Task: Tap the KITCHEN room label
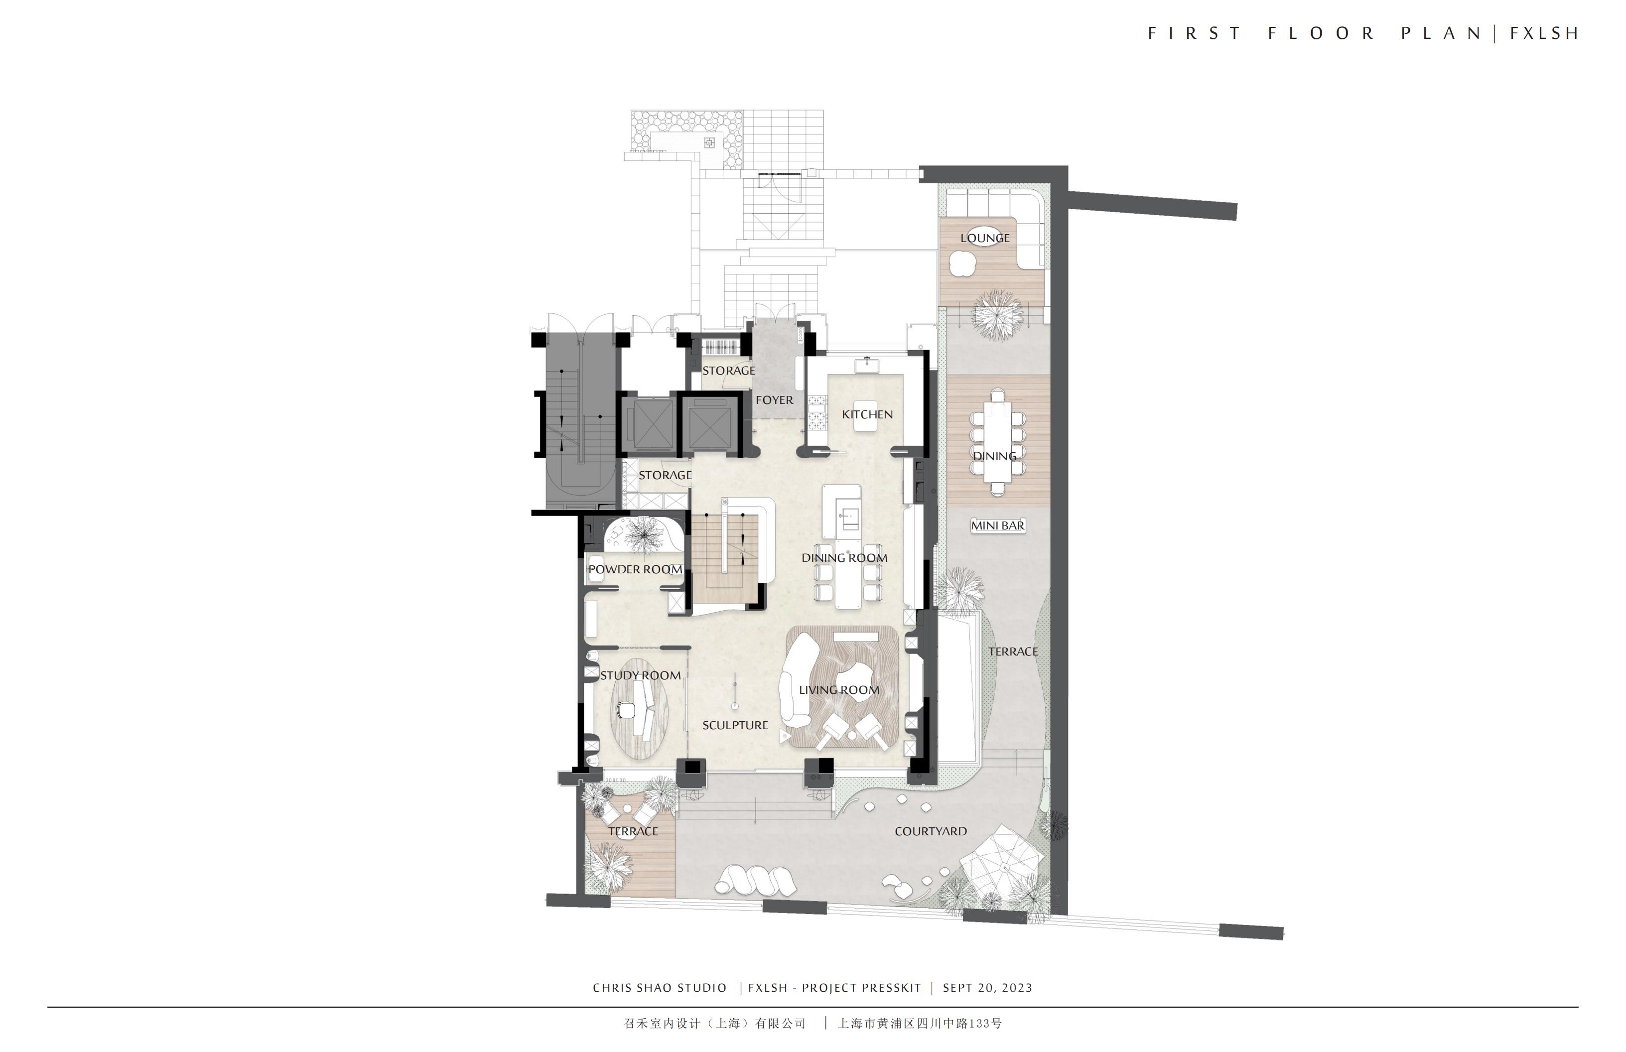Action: [867, 414]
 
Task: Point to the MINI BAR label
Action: [997, 526]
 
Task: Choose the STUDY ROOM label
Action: [640, 675]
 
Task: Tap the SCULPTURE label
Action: [735, 725]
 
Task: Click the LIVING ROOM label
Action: [839, 690]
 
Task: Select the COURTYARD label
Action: [931, 831]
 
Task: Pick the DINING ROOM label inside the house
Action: [844, 558]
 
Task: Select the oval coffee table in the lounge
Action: [984, 233]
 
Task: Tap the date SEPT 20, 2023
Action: [987, 988]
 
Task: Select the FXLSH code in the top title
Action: [1543, 33]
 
